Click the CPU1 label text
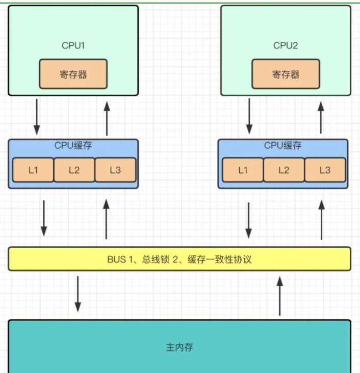point(73,45)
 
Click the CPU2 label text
point(286,45)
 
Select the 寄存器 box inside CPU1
point(73,74)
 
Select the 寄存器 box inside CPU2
point(286,74)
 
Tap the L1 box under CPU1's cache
point(33,170)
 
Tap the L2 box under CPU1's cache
point(74,170)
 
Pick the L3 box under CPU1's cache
point(115,170)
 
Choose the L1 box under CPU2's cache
point(243,170)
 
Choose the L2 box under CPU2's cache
point(284,170)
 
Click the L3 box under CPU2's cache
point(325,170)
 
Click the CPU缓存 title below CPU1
point(73,145)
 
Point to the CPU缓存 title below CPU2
point(283,145)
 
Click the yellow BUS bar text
point(179,259)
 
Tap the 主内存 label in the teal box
point(179,348)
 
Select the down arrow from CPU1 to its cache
point(37,117)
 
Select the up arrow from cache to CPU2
point(321,118)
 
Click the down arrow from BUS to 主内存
point(78,294)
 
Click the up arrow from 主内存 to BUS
point(280,296)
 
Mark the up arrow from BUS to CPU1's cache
point(106,219)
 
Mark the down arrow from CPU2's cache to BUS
point(248,220)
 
